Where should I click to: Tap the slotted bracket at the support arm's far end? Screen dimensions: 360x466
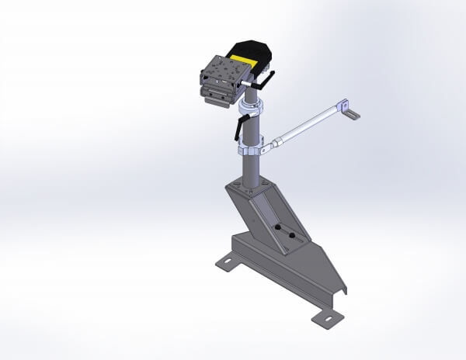click(352, 114)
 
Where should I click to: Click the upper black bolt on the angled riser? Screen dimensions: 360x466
click(276, 227)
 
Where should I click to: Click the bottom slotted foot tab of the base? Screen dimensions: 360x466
click(325, 317)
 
